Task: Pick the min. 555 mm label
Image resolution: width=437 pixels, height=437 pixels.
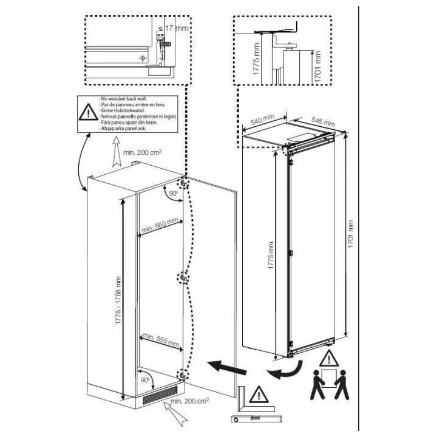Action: point(161,340)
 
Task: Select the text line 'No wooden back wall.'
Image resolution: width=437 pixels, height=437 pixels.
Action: point(121,98)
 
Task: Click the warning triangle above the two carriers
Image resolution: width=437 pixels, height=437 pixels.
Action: point(328,357)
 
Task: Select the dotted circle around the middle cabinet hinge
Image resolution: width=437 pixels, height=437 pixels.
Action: point(182,278)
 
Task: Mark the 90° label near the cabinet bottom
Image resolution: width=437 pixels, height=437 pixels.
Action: point(144,380)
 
